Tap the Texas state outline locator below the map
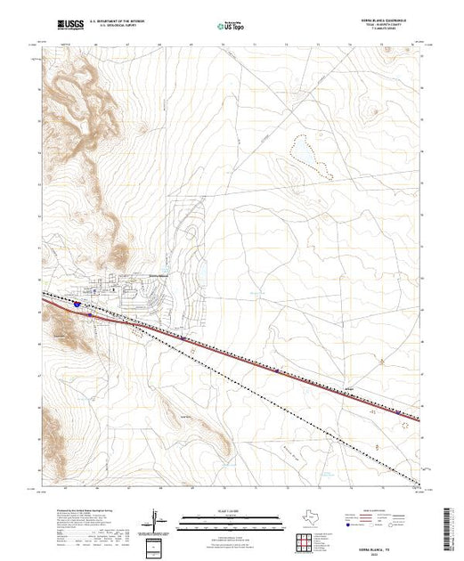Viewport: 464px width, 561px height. point(306,517)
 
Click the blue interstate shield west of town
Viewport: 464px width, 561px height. point(77,304)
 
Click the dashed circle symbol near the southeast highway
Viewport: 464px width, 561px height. point(411,424)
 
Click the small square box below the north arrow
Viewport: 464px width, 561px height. point(159,545)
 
